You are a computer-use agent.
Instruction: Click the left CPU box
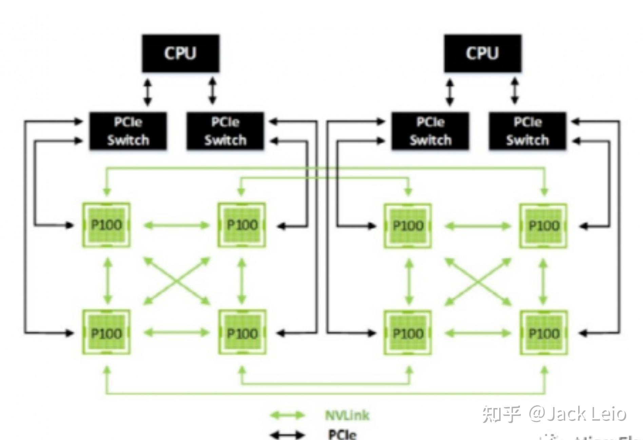(x=180, y=53)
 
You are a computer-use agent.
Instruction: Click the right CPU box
(x=483, y=53)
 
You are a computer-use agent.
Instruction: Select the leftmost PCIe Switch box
(x=128, y=131)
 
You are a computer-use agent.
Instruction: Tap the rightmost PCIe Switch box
(x=527, y=131)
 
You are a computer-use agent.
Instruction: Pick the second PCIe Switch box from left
(x=225, y=131)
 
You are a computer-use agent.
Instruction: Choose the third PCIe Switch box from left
(x=430, y=131)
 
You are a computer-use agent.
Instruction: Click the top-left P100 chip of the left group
(x=106, y=225)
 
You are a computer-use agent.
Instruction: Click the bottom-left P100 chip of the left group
(x=106, y=333)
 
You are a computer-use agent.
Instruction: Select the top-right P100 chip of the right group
(x=544, y=226)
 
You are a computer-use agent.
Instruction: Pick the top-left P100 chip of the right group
(x=408, y=226)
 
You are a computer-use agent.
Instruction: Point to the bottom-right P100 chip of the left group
(x=242, y=333)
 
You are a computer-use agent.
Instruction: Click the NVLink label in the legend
(x=347, y=415)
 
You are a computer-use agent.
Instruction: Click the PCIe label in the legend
(x=342, y=434)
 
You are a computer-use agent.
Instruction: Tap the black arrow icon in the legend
(x=287, y=435)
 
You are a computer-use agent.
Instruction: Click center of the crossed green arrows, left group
(x=176, y=281)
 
